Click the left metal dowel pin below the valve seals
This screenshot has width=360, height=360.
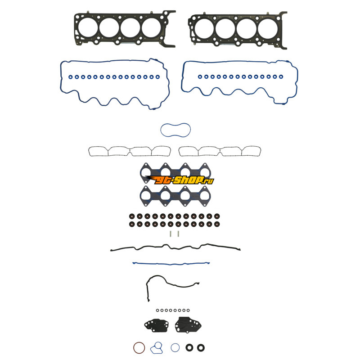[x=171, y=234]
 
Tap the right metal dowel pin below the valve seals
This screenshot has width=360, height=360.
[x=178, y=234]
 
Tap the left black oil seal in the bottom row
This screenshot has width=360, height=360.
[x=189, y=347]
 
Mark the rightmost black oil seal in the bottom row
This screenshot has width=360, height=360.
[x=201, y=347]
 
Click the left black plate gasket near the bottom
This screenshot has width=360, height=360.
[x=156, y=325]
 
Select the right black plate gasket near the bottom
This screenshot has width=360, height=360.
[x=188, y=324]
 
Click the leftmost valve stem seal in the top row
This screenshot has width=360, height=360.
[x=132, y=216]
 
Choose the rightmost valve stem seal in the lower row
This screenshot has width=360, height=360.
[x=217, y=224]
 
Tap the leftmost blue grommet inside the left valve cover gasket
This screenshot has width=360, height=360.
[x=71, y=77]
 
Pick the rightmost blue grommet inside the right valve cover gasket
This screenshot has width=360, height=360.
[x=281, y=76]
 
